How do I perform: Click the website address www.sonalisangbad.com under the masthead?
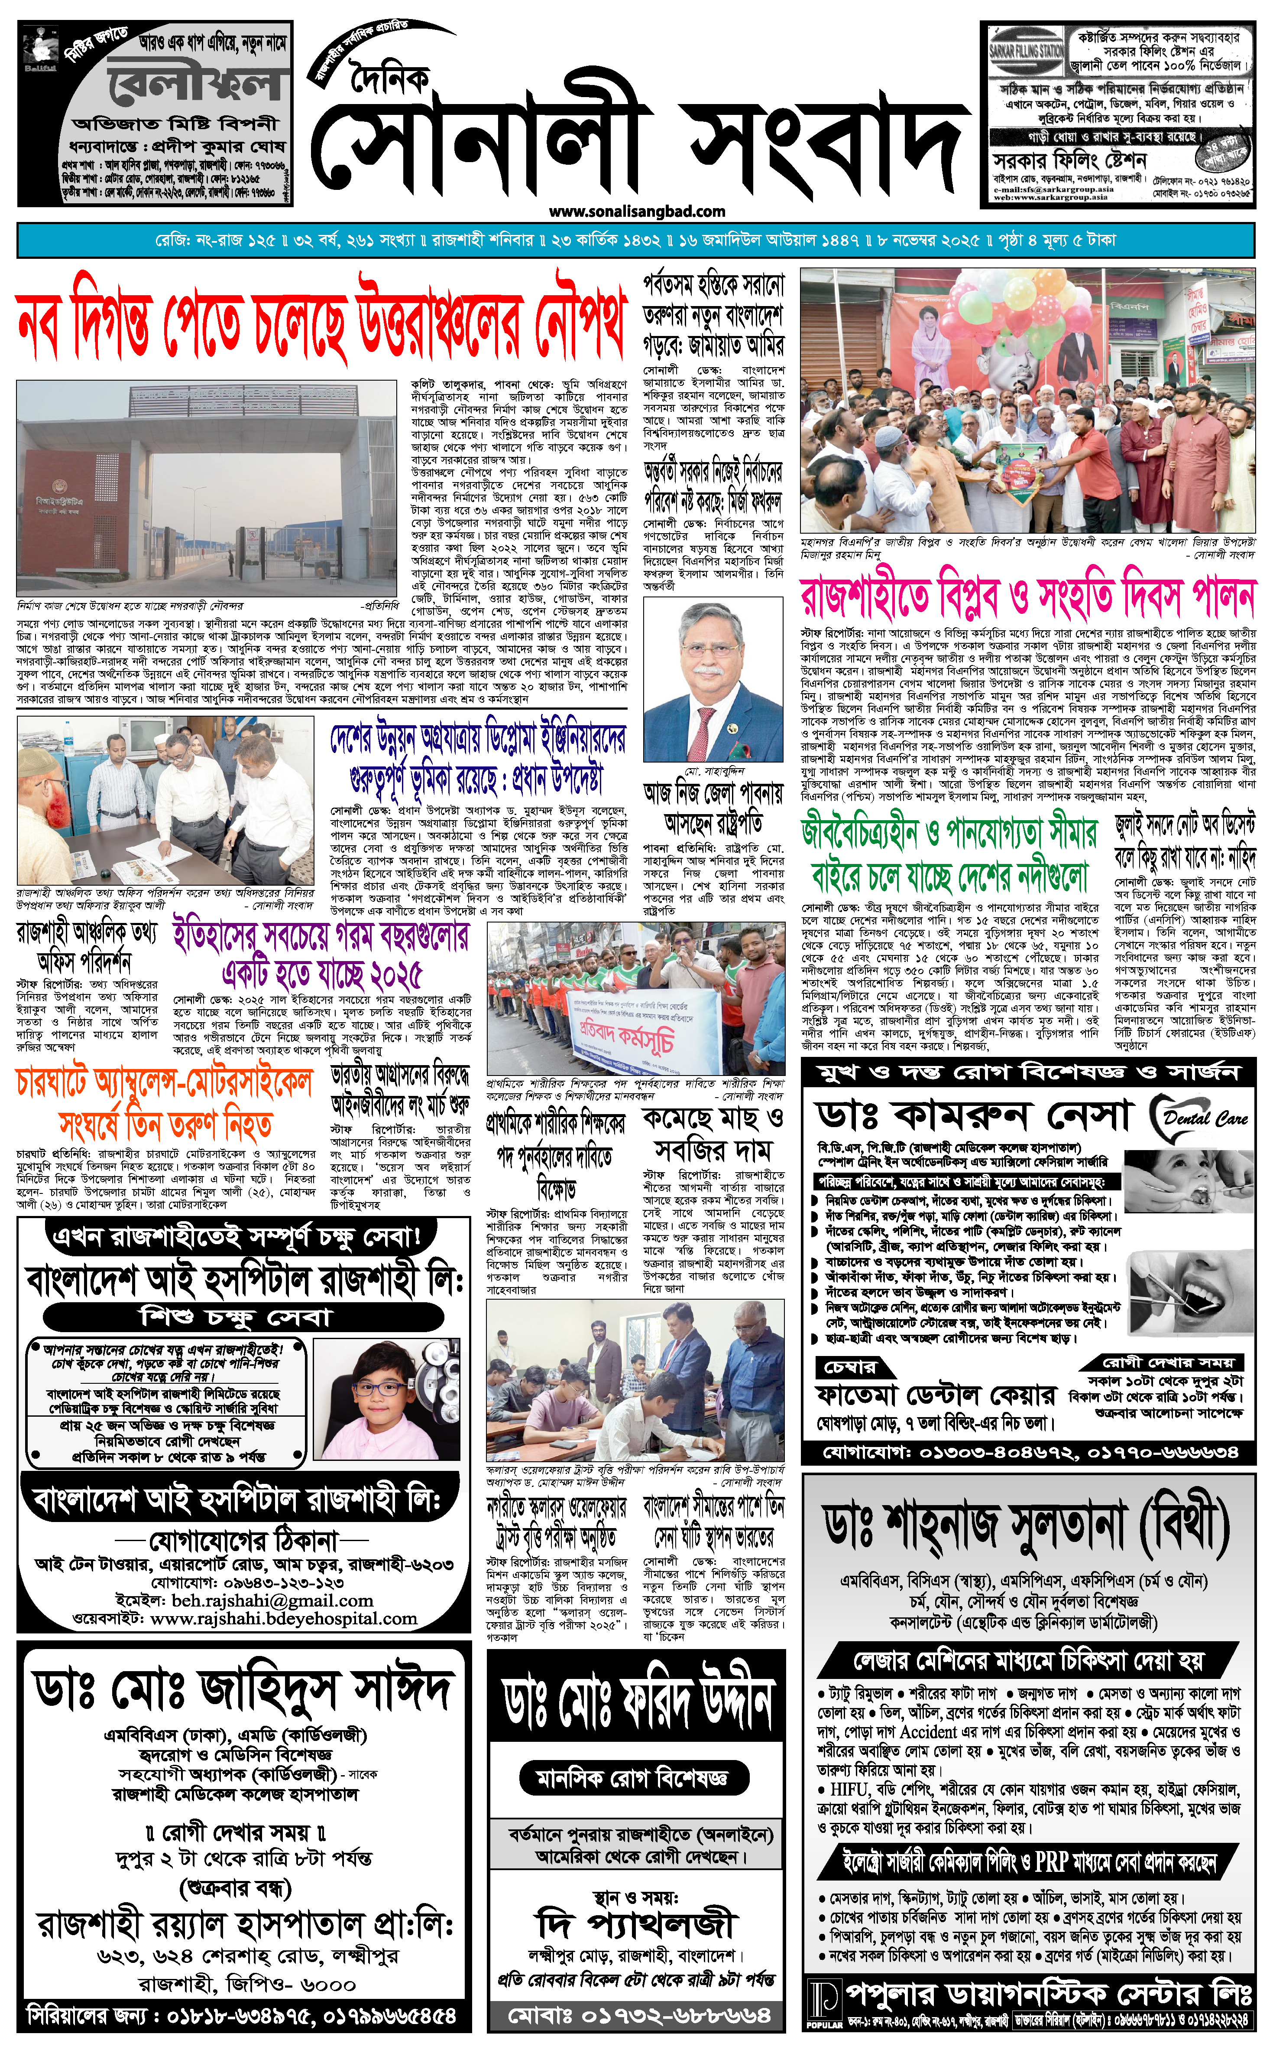tap(637, 212)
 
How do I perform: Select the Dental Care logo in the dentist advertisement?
tap(1199, 1118)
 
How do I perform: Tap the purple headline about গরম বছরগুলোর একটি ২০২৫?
tap(322, 955)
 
